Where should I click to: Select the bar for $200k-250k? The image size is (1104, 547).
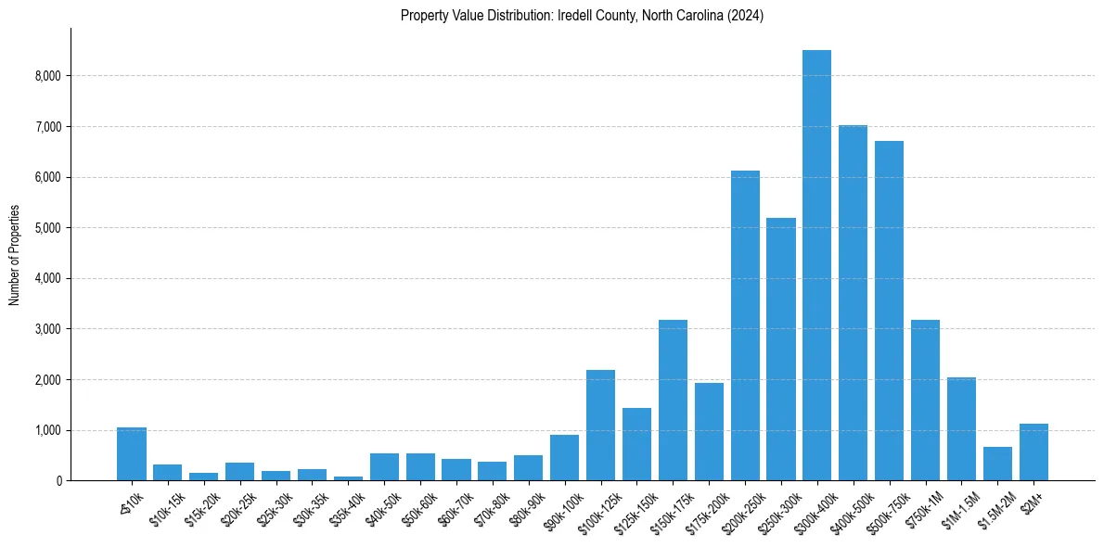[745, 325]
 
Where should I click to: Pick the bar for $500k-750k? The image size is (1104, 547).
[889, 311]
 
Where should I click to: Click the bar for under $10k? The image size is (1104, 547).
[132, 454]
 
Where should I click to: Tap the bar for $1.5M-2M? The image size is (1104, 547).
[997, 464]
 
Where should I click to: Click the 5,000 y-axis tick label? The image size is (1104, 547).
[48, 228]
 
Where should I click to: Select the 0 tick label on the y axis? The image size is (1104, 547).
[58, 481]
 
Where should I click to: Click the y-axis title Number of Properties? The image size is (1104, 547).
[14, 255]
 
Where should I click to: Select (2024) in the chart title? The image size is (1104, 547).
[744, 16]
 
